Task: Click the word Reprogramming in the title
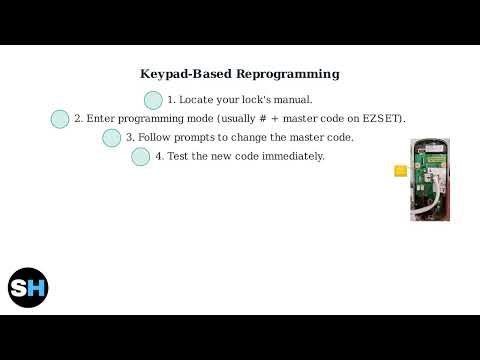(288, 74)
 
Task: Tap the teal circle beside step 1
(153, 100)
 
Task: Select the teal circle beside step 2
(60, 119)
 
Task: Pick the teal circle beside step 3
(112, 138)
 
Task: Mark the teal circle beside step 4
(141, 157)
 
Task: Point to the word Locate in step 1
(195, 100)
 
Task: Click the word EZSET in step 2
(384, 119)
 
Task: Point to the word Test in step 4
(178, 157)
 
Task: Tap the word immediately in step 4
(291, 157)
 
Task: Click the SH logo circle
(28, 288)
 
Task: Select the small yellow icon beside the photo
(401, 171)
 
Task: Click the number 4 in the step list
(158, 157)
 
